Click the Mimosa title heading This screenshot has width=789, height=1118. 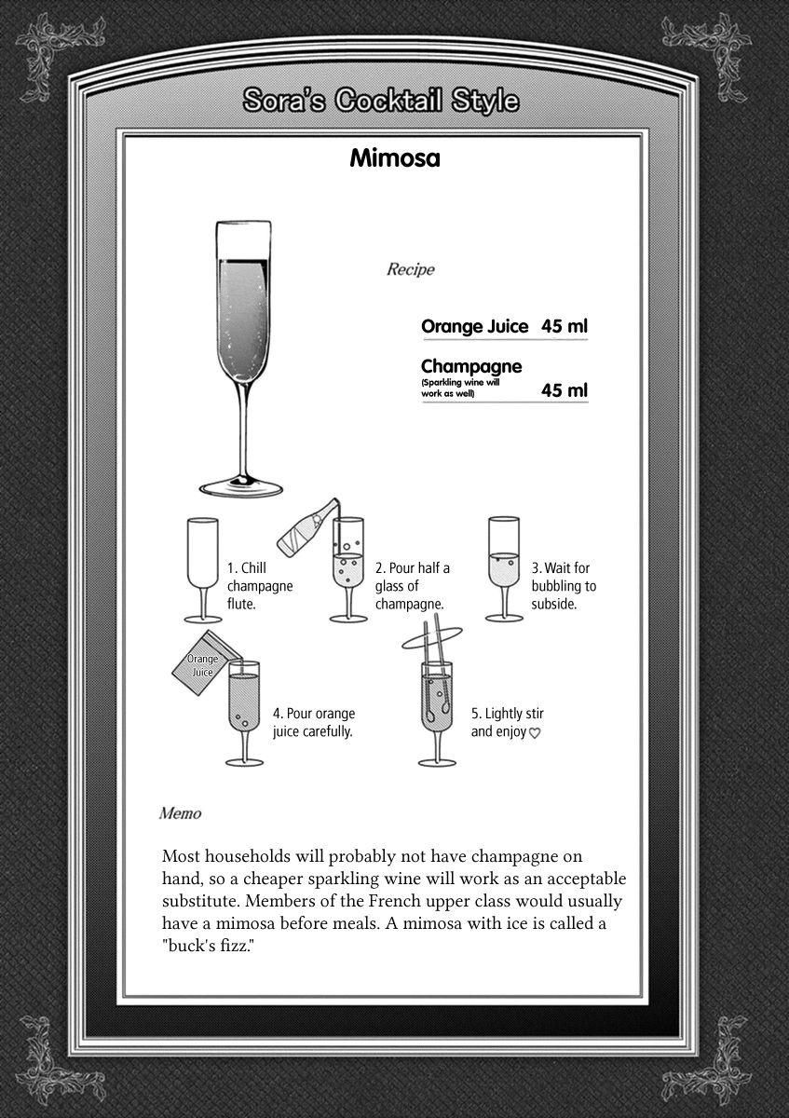[x=394, y=157]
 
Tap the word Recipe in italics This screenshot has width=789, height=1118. [x=410, y=270]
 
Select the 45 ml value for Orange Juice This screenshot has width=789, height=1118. [x=565, y=326]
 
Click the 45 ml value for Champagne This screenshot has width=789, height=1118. [x=565, y=389]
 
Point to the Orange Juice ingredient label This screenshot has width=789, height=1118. [x=474, y=326]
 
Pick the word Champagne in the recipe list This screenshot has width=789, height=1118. [x=470, y=366]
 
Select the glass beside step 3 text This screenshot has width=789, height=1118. [x=503, y=568]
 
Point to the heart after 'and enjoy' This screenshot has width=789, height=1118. [x=536, y=733]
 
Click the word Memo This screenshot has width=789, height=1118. [x=180, y=812]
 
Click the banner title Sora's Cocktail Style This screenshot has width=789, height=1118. [x=380, y=101]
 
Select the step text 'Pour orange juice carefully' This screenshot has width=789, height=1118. [x=313, y=722]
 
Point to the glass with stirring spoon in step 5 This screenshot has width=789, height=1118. [x=435, y=708]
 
